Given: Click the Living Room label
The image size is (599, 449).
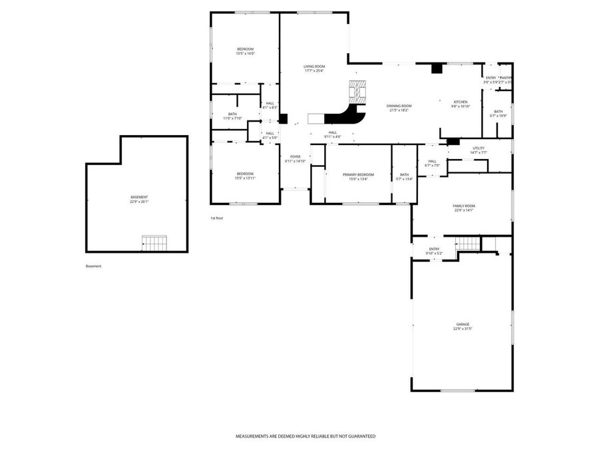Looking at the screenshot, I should (x=314, y=67).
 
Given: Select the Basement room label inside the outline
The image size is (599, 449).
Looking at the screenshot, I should (x=139, y=198).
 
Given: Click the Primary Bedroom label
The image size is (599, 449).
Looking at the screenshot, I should (x=358, y=176).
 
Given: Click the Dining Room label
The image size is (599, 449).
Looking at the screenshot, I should (x=399, y=107).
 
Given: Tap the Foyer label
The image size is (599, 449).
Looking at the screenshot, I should (x=295, y=158).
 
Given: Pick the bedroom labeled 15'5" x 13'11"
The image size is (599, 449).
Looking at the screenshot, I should (x=245, y=176).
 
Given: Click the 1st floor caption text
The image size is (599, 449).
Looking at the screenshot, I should (x=217, y=218).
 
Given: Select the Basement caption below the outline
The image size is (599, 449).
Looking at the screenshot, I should (x=94, y=266).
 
